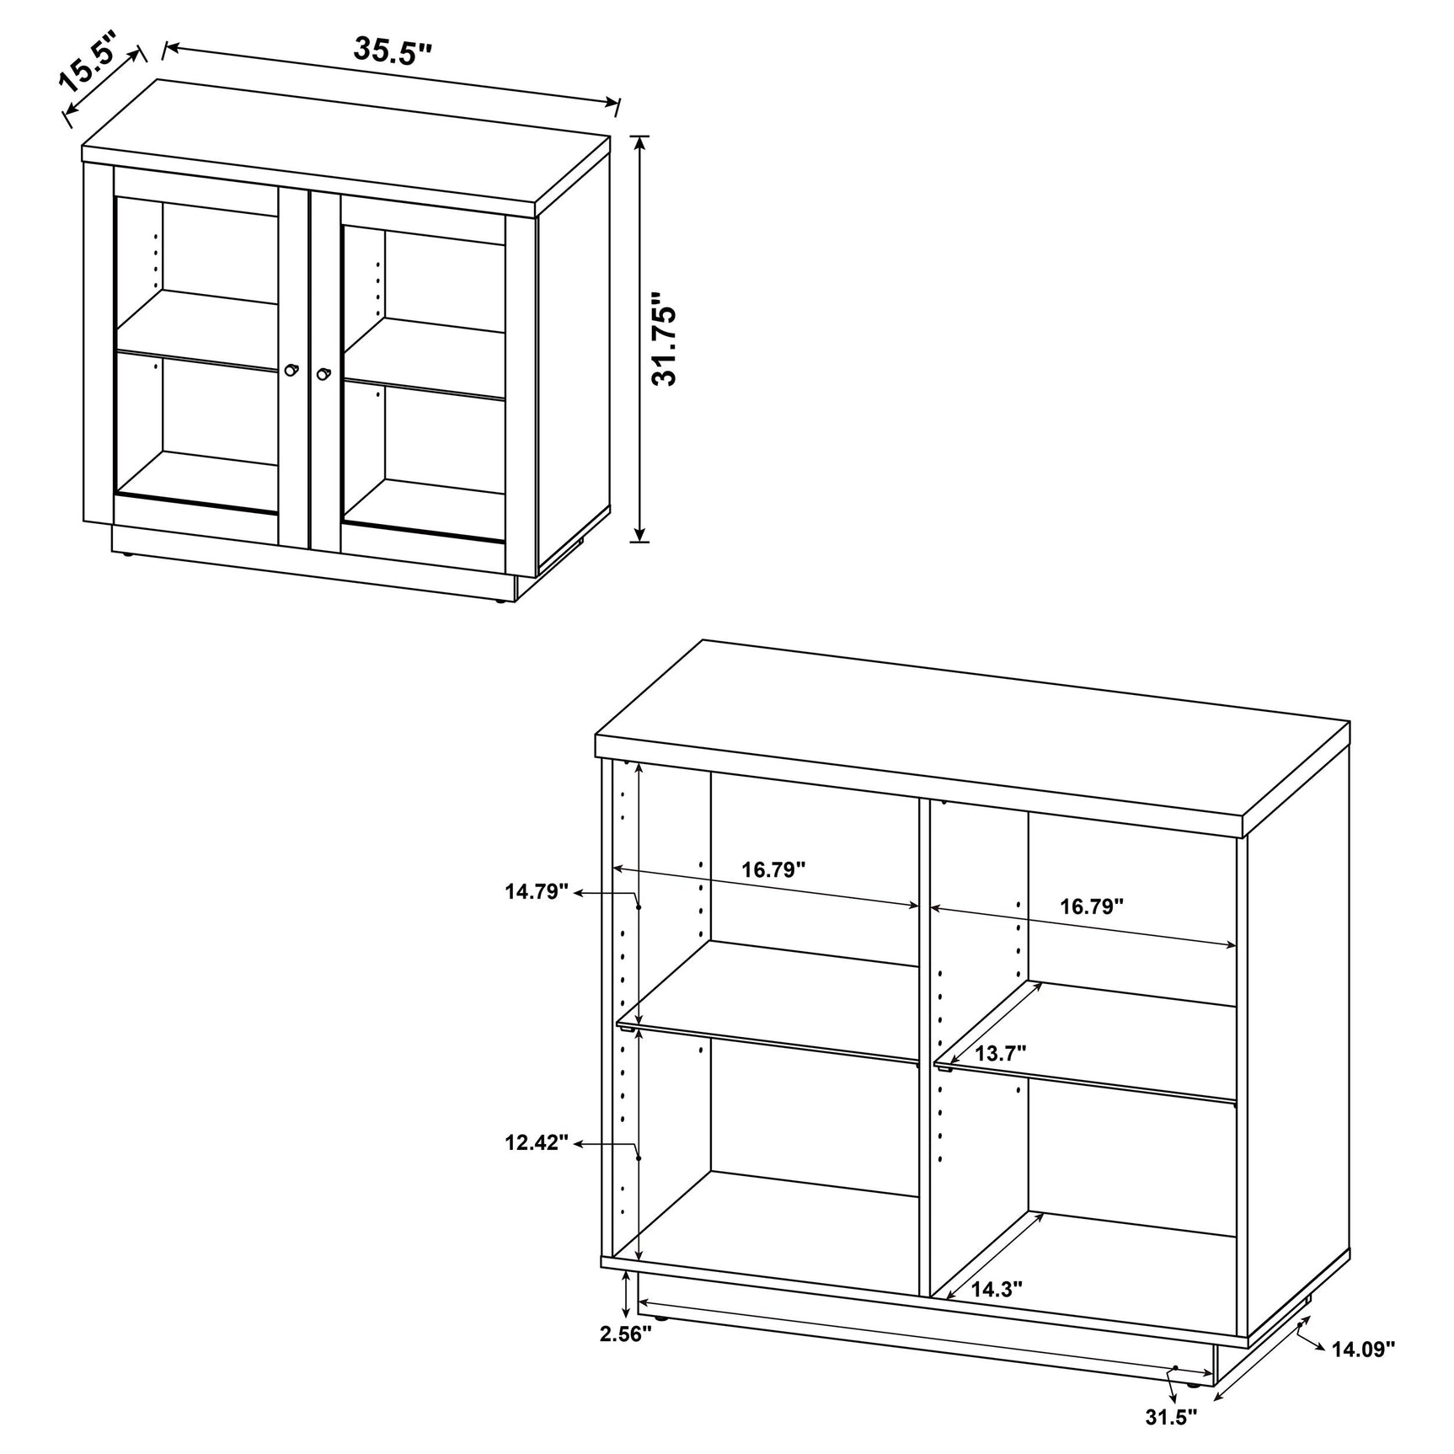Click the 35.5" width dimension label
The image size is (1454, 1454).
pos(392,51)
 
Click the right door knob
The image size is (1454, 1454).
pos(323,374)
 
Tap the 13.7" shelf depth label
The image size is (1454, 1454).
pos(1000,1053)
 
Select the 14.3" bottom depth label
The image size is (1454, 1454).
pos(997,1312)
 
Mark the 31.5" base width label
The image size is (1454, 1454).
pos(1171,1417)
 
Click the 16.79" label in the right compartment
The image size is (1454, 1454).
pos(1092,906)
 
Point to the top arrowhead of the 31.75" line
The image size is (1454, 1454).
pos(641,142)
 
